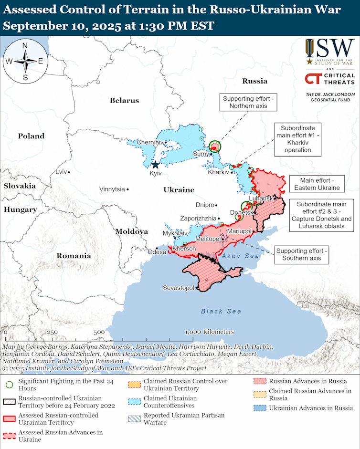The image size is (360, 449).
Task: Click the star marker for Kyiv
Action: [155, 165]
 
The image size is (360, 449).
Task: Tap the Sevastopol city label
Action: [178, 288]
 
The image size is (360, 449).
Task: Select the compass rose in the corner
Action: [25, 61]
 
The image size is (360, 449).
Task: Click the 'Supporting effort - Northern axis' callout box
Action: [248, 102]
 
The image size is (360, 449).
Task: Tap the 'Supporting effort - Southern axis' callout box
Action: [302, 255]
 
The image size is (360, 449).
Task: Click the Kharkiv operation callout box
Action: [301, 139]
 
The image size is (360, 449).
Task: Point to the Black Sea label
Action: [221, 311]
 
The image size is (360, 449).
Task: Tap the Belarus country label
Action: [124, 100]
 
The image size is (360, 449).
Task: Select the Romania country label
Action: [74, 256]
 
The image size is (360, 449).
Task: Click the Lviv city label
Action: [61, 172]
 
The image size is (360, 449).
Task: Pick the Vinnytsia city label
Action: [112, 189]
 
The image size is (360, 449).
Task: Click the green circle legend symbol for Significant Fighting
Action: [9, 383]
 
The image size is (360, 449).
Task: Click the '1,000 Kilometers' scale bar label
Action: [210, 332]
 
